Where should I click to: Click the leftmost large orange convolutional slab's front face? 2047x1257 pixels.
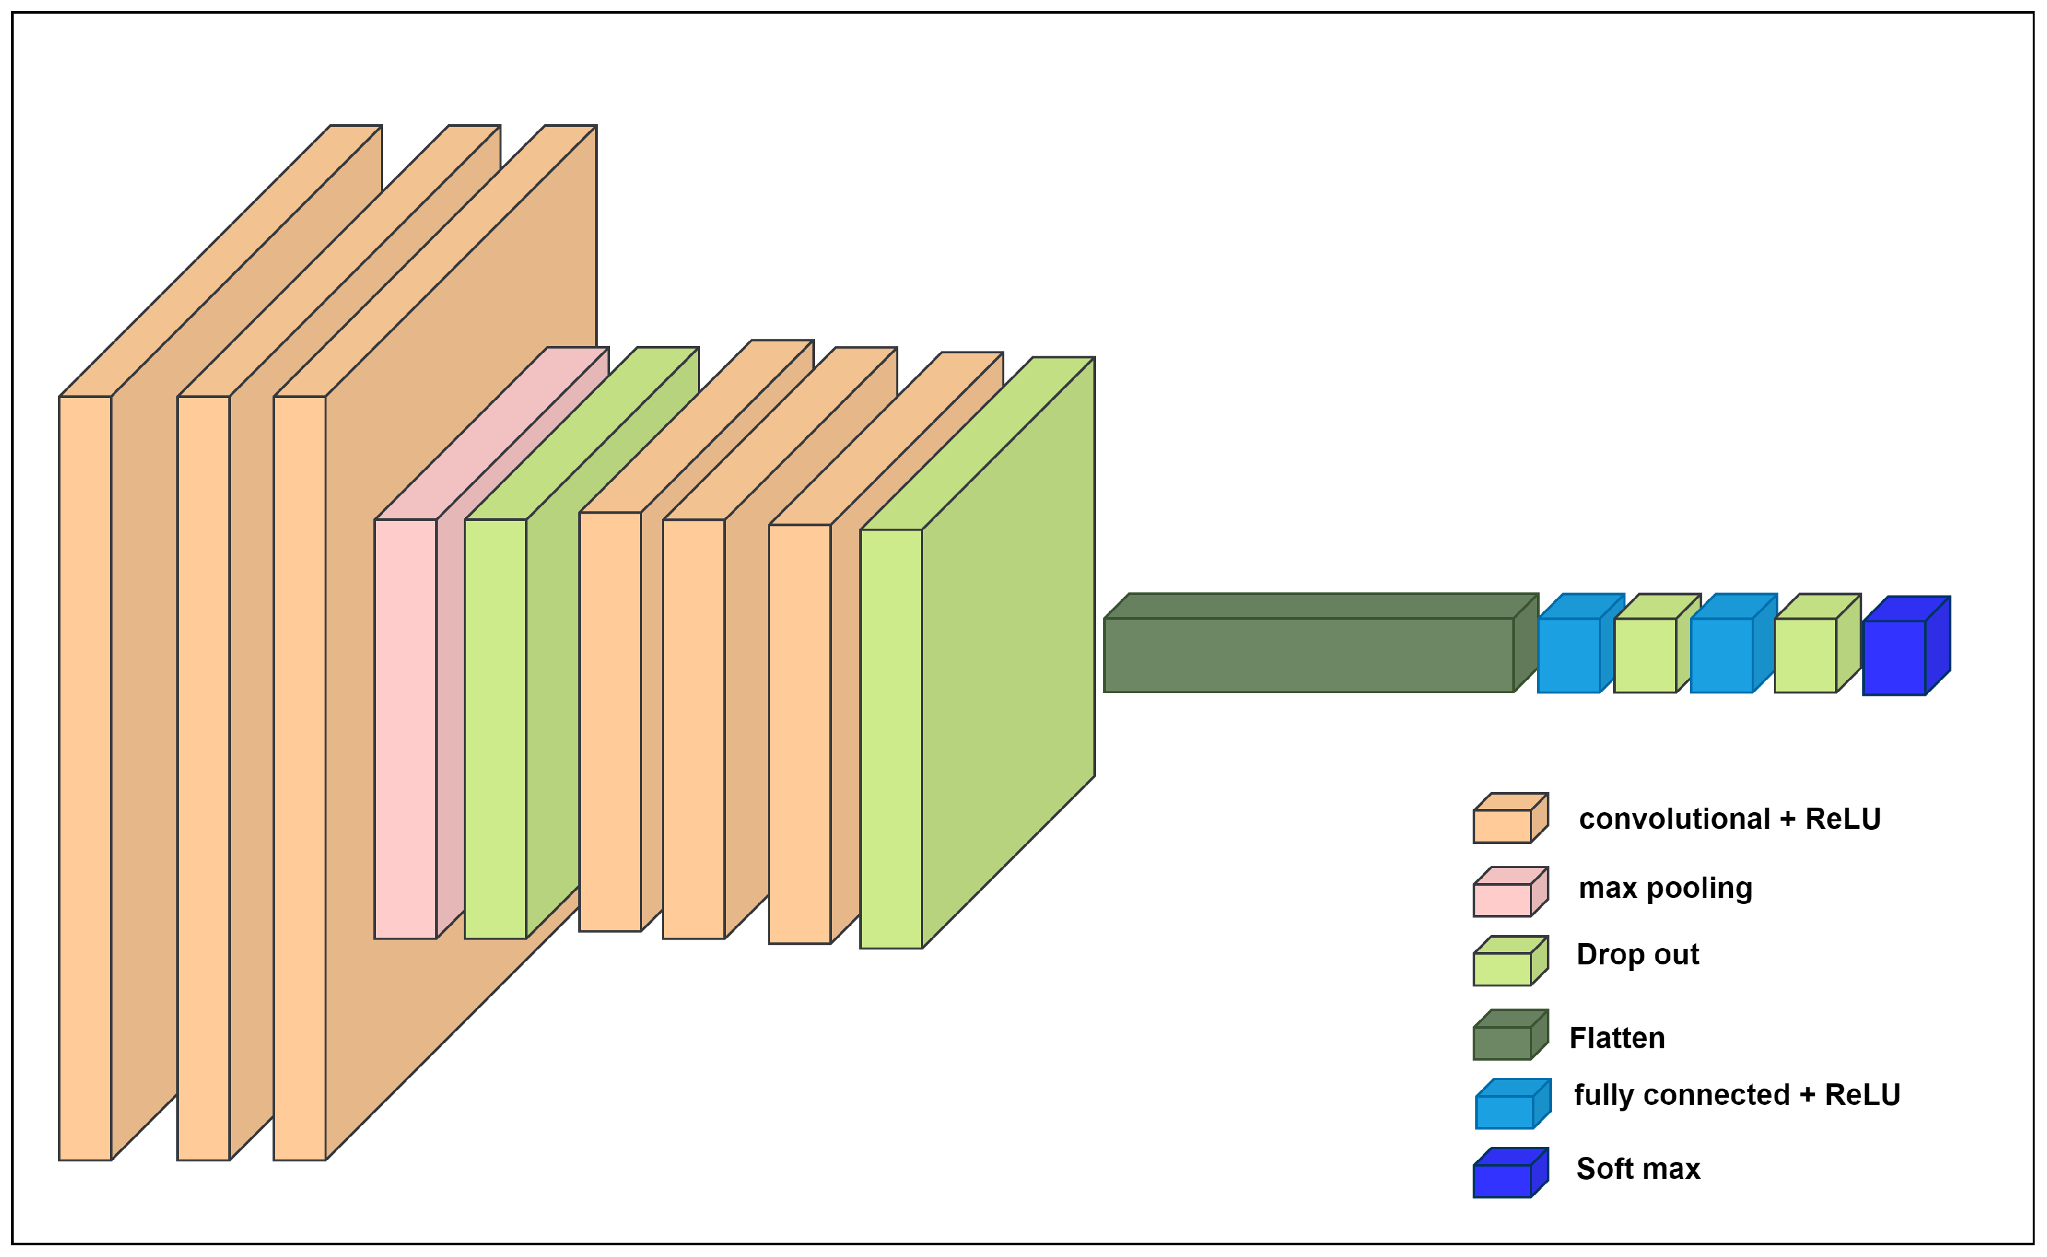coord(85,777)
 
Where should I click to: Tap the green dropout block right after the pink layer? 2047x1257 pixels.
coord(495,728)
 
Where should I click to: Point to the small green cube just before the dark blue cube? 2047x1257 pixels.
coord(1805,655)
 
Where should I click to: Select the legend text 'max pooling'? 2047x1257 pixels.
coord(1665,888)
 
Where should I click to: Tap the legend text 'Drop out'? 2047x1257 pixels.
coord(1637,955)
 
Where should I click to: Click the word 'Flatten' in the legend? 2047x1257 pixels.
coord(1616,1039)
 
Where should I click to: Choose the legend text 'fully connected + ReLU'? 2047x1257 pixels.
coord(1737,1095)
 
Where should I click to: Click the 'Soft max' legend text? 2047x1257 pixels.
coord(1638,1169)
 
